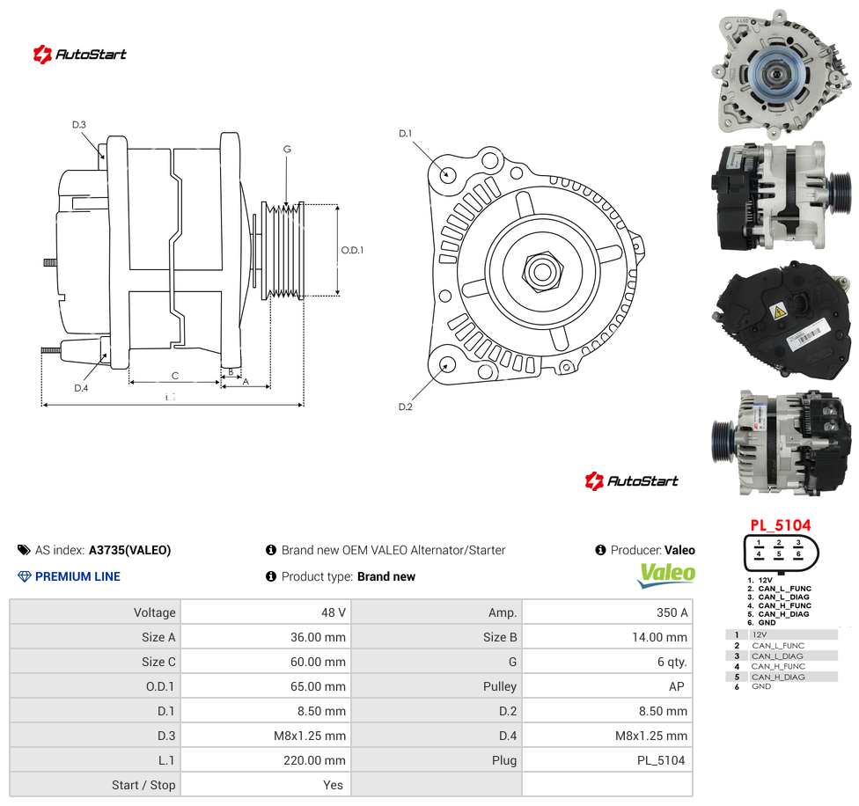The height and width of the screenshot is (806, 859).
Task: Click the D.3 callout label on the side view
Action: [79, 125]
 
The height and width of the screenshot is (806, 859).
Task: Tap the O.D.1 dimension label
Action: [352, 250]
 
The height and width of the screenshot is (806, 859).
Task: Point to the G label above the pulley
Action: [287, 149]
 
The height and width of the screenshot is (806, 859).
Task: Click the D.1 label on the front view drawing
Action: [405, 134]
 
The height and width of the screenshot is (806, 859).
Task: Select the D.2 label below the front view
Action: [406, 407]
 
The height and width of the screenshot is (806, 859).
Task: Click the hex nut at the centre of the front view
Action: [542, 271]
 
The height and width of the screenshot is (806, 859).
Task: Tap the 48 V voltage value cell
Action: [333, 612]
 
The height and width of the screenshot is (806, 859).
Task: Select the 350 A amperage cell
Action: [672, 612]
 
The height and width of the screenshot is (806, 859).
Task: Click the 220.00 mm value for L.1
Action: [314, 760]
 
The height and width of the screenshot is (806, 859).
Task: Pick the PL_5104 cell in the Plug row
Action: [661, 760]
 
